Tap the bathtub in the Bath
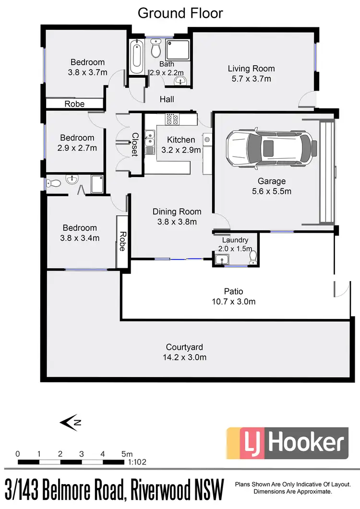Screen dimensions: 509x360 click(137, 56)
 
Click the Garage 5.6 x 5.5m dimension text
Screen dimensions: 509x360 click(272, 191)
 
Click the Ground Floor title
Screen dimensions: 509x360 click(180, 13)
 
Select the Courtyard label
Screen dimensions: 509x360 click(184, 347)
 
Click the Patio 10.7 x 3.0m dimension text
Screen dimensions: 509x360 click(233, 301)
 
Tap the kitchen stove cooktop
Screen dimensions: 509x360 click(172, 118)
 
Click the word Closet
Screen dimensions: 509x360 click(135, 144)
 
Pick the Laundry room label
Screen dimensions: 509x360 click(235, 240)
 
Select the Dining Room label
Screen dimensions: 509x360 click(177, 212)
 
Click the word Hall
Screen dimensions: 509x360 click(167, 99)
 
